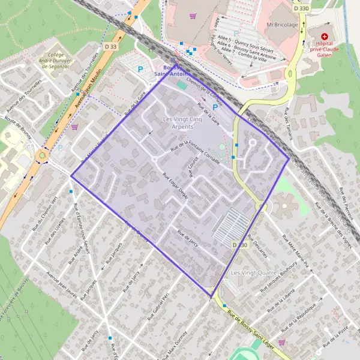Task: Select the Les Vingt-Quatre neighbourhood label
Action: (x=253, y=273)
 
